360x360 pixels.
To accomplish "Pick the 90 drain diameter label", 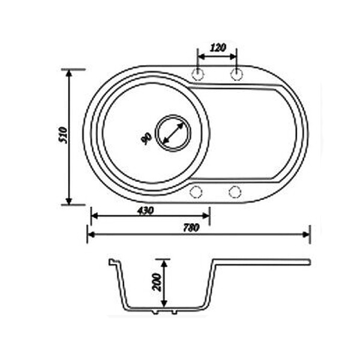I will pos(145,138).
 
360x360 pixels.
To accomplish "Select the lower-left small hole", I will pos(196,192).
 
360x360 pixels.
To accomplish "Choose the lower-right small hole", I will pos(235,192).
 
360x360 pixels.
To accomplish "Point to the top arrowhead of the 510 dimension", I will pos(69,72).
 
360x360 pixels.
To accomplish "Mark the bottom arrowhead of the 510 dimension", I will pos(69,202).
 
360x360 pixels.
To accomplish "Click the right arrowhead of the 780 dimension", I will pos(307,234).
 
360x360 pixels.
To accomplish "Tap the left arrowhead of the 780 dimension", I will pos(91,234).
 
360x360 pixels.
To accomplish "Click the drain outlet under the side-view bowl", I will pos(166,313).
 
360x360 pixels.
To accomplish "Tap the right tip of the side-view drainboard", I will pos(309,262).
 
